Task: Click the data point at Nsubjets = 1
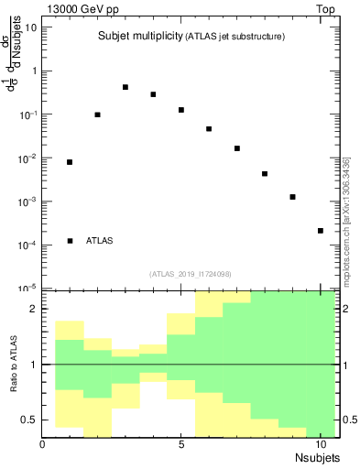(70, 162)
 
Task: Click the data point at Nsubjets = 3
(125, 87)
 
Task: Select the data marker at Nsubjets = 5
(181, 110)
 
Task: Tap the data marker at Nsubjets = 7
(237, 148)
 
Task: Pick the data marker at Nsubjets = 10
(321, 231)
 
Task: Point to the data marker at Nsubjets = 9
(292, 197)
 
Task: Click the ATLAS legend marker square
(71, 241)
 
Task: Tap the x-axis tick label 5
(181, 445)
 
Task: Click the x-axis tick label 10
(321, 445)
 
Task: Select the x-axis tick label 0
(43, 445)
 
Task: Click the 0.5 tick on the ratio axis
(30, 420)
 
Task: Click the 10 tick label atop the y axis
(31, 27)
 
